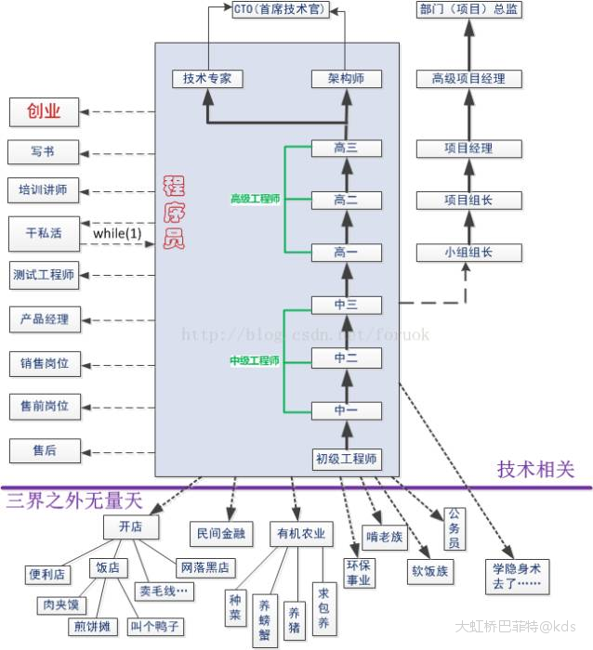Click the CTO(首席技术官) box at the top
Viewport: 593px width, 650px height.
pos(280,11)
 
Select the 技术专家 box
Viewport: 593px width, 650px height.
pos(207,79)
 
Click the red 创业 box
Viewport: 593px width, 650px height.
pos(43,112)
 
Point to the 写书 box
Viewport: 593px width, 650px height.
pos(43,151)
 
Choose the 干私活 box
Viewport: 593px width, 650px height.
pos(43,233)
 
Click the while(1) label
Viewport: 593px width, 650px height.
pos(117,233)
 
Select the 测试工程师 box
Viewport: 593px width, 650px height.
pos(44,275)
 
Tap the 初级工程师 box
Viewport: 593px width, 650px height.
pos(346,459)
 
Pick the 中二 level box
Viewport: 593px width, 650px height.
pos(345,357)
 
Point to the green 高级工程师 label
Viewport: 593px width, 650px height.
pos(255,199)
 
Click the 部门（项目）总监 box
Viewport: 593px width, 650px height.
pos(468,11)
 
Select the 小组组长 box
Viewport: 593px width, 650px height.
pos(468,253)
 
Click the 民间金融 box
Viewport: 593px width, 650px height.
pos(220,533)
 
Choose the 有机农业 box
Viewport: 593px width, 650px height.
pos(300,534)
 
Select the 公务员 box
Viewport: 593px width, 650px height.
pos(453,527)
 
